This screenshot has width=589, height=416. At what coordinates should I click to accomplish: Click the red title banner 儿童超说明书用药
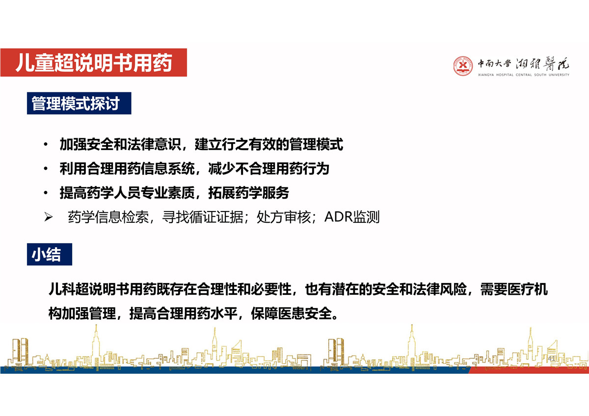(x=94, y=62)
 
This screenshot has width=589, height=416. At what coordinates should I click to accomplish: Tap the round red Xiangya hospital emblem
(x=463, y=66)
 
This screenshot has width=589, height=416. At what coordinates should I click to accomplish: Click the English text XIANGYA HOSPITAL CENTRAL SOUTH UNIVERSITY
(x=524, y=75)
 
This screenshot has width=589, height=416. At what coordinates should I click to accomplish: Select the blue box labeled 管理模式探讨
(x=79, y=104)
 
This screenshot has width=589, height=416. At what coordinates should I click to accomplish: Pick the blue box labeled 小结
(x=50, y=255)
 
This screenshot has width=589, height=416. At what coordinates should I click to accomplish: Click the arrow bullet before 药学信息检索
(x=49, y=217)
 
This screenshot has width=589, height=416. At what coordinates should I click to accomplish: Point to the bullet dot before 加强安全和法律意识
(x=46, y=144)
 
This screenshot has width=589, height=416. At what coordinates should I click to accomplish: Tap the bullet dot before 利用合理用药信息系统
(x=46, y=168)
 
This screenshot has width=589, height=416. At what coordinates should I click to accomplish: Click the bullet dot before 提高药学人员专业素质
(x=46, y=193)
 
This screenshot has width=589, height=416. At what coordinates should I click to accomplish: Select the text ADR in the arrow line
(x=338, y=217)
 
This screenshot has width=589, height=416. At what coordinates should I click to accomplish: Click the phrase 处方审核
(x=284, y=217)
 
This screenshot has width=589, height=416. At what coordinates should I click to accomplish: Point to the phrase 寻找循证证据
(x=203, y=217)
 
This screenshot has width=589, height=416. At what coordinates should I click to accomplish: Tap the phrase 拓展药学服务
(x=249, y=193)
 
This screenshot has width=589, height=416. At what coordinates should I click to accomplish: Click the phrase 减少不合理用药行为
(x=269, y=168)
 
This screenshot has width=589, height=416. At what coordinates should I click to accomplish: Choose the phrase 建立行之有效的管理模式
(x=269, y=144)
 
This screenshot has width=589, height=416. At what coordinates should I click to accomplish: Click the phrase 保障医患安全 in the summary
(x=292, y=313)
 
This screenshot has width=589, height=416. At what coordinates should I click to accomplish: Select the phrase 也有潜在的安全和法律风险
(x=386, y=289)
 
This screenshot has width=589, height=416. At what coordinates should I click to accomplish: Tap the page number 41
(x=552, y=359)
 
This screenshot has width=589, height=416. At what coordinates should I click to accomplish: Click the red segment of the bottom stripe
(x=529, y=370)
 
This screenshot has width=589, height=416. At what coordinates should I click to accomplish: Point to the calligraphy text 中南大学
(x=494, y=63)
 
